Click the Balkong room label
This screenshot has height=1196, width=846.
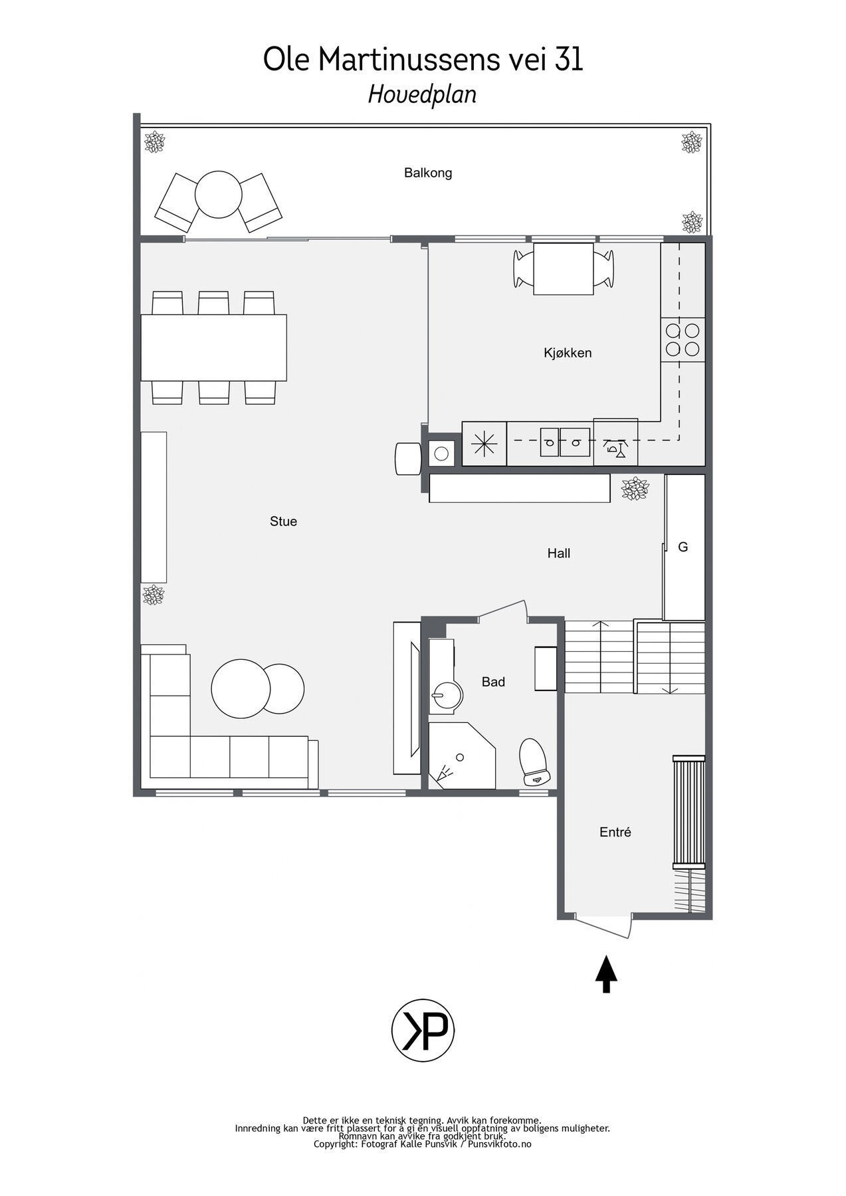point(428,173)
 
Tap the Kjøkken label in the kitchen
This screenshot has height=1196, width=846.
point(567,353)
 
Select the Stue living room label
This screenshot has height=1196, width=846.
point(283,522)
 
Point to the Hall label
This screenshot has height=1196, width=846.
point(558,553)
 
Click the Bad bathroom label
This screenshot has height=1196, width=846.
point(493,682)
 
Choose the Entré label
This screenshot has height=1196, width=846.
point(615,832)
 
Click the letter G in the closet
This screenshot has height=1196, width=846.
point(683,548)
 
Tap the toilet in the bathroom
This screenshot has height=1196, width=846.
point(533,761)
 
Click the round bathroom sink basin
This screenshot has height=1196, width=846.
point(445,697)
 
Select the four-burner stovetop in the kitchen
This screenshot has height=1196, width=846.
point(683,340)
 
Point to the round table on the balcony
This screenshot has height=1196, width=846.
point(218,194)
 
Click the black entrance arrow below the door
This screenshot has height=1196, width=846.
point(606,973)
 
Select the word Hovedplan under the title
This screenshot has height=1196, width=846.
point(422,95)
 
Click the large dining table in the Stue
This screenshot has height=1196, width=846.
point(213,348)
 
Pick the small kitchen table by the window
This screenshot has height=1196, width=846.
point(564,268)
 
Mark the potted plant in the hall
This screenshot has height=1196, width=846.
point(635,488)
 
